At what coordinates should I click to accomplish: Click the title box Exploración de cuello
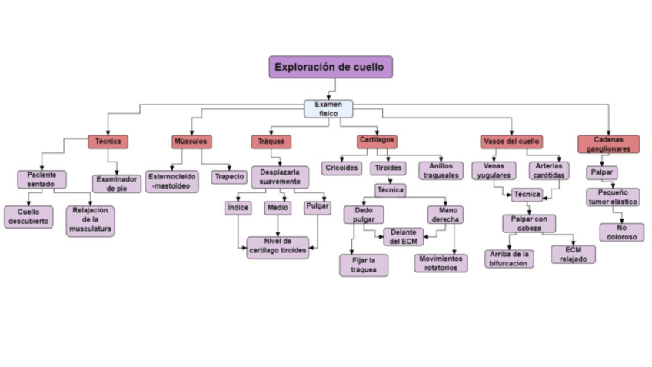[331, 67]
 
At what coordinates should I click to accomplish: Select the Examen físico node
[328, 108]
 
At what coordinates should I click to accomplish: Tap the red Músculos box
[191, 142]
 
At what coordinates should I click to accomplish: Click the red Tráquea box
[271, 142]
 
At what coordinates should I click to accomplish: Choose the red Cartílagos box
[377, 142]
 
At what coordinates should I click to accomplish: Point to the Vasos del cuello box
[511, 142]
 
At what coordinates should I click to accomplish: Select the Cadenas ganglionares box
[609, 144]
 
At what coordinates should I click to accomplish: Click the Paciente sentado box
[42, 179]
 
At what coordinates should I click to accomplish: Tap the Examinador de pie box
[116, 183]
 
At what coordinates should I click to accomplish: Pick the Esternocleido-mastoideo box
[171, 182]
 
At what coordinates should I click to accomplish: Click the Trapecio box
[229, 177]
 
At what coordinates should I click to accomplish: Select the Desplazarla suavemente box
[280, 177]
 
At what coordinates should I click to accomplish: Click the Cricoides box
[341, 168]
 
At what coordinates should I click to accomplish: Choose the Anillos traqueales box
[441, 171]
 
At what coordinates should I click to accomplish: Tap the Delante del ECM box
[404, 237]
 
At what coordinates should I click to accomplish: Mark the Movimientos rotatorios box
[441, 263]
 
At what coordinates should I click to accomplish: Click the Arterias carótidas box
[549, 171]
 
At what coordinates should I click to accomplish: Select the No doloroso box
[622, 232]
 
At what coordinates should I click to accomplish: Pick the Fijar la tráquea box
[364, 265]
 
